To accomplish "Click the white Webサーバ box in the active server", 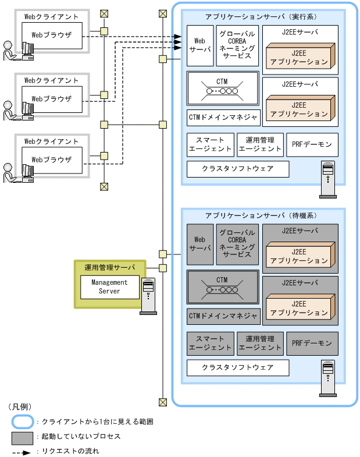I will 199,45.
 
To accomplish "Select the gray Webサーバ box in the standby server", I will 199,244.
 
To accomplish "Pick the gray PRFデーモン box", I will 312,343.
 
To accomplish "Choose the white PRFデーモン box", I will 312,144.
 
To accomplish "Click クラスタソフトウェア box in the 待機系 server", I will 237,368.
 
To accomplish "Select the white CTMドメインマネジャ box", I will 223,117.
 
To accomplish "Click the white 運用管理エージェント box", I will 260,144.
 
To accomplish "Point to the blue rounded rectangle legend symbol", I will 22,420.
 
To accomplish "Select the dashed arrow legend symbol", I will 22,451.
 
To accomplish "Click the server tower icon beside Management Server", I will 148,296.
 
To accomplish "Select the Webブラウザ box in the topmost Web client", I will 52,35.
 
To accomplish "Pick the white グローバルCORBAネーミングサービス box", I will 237,45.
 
